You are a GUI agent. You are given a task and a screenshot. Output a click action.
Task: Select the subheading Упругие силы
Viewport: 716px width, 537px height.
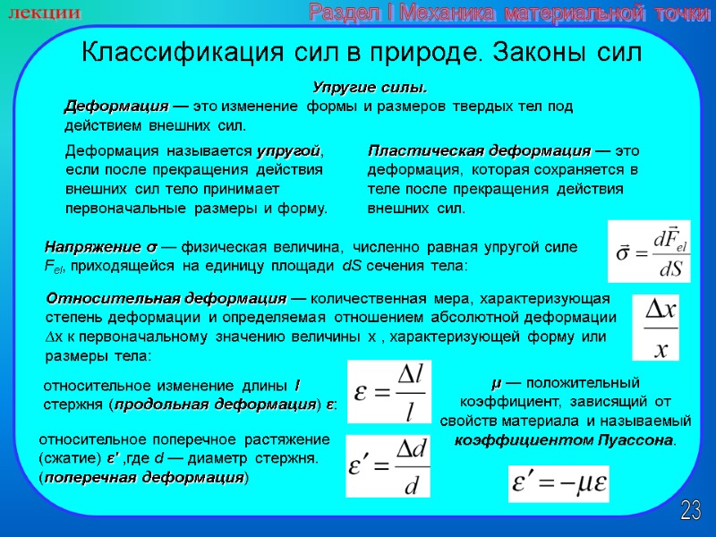(369, 88)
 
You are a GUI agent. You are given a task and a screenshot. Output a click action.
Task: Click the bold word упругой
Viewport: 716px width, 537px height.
(288, 150)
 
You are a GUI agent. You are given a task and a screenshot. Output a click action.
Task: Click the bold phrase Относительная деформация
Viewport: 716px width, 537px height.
(166, 298)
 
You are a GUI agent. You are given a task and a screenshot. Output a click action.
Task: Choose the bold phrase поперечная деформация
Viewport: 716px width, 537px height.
(143, 477)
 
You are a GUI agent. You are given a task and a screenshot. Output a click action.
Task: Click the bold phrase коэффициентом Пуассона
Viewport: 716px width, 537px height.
(564, 440)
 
